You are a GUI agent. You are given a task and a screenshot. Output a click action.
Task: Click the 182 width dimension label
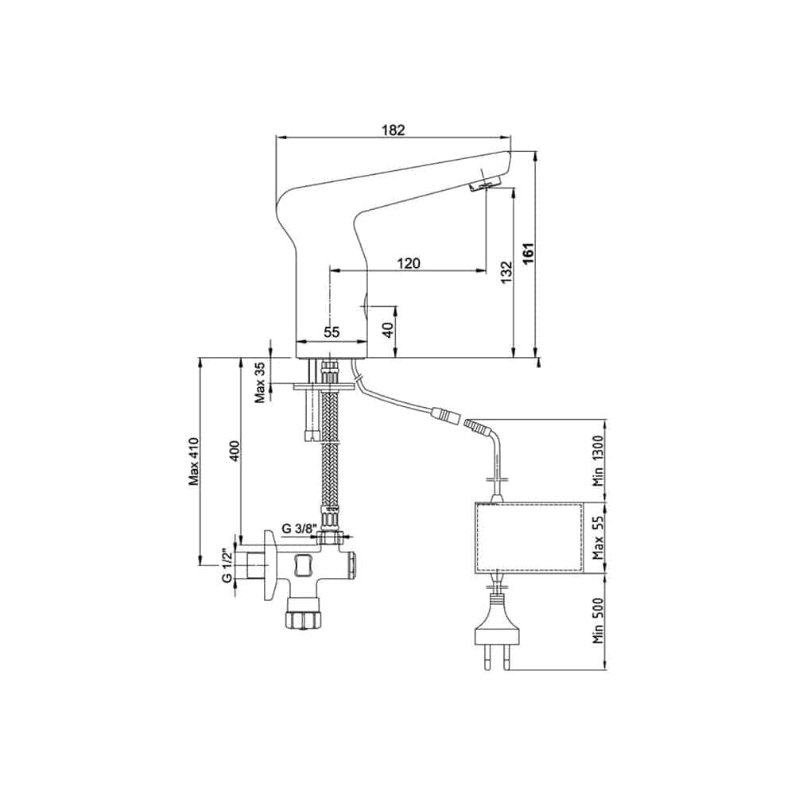coord(394,130)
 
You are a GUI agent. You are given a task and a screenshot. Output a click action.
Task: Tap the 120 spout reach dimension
coord(409,263)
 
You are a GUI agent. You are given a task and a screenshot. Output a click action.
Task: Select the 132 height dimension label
coord(506,273)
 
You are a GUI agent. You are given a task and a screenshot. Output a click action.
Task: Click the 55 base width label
coord(332,332)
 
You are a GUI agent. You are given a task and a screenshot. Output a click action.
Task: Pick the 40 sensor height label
coord(387,331)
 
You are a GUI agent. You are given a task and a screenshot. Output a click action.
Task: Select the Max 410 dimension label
coord(194,461)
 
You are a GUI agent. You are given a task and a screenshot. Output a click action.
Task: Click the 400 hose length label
coord(235,451)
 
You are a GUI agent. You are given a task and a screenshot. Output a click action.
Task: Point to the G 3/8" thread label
coord(300,529)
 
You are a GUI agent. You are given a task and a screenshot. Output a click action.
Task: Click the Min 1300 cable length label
coord(599,460)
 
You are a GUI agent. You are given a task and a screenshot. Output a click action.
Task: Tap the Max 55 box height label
coord(599,538)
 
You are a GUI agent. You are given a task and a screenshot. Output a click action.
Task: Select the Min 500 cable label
coord(599,621)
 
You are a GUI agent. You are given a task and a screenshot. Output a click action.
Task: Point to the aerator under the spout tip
coord(485,184)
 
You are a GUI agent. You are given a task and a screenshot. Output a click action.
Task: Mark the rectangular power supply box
coord(529,538)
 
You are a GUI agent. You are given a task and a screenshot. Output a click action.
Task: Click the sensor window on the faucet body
coord(365,306)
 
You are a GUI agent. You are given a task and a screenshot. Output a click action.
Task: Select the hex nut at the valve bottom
coord(304,613)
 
